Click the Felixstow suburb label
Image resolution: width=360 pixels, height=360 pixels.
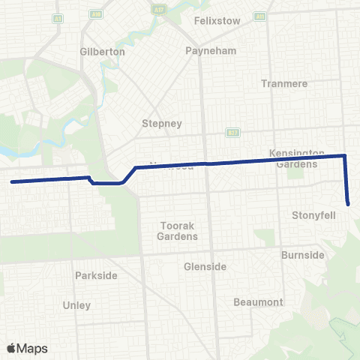pyautogui.click(x=217, y=21)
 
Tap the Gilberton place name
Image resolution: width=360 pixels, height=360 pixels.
pyautogui.click(x=101, y=52)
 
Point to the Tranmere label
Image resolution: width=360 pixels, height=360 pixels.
pyautogui.click(x=284, y=83)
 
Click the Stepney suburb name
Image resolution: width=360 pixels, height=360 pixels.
pyautogui.click(x=162, y=124)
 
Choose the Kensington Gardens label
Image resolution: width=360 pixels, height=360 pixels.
pyautogui.click(x=297, y=158)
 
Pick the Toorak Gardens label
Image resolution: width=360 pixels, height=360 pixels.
pyautogui.click(x=178, y=231)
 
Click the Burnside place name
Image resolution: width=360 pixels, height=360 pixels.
pyautogui.click(x=303, y=255)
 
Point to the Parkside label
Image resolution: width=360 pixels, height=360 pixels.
pyautogui.click(x=96, y=275)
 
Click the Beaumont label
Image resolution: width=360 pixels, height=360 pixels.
pyautogui.click(x=258, y=302)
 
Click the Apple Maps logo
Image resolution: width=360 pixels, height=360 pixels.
pyautogui.click(x=27, y=348)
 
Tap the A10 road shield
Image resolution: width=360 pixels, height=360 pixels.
pyautogui.click(x=95, y=13)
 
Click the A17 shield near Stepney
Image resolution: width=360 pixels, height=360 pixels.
pyautogui.click(x=232, y=133)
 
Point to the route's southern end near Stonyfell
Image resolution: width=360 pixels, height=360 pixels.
pyautogui.click(x=349, y=203)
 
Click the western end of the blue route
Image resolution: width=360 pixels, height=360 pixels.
pyautogui.click(x=12, y=181)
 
